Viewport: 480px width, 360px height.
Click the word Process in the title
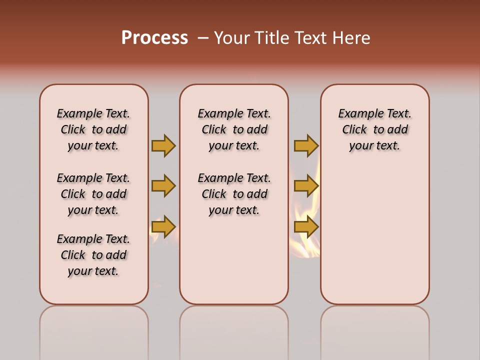click(154, 37)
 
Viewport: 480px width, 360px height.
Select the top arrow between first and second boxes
click(163, 145)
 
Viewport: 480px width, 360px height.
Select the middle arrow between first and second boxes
click(163, 186)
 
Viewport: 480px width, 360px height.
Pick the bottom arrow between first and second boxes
click(163, 227)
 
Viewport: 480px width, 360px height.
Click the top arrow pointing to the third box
click(306, 145)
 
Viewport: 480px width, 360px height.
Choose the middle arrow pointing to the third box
click(306, 186)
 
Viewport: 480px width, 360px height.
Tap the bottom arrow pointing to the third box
click(306, 227)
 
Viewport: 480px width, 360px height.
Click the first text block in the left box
click(93, 129)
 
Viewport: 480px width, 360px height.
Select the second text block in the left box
click(93, 194)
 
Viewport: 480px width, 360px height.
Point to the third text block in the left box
click(93, 255)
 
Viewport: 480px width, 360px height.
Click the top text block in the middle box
click(234, 129)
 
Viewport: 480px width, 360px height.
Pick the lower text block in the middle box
click(234, 194)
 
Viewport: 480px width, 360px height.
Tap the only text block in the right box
click(374, 129)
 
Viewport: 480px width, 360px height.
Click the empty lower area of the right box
click(374, 235)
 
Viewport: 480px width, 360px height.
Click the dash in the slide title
click(203, 38)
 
